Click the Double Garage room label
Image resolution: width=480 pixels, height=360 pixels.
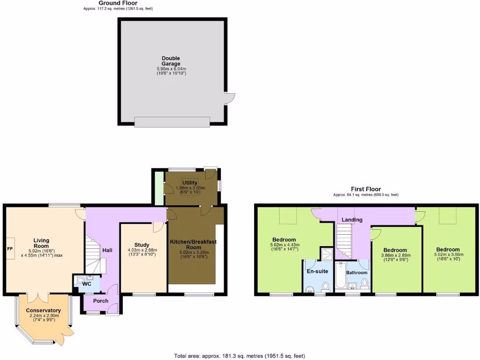(171, 61)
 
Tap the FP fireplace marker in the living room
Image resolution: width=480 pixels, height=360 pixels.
(10, 248)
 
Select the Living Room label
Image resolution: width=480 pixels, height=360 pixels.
(41, 243)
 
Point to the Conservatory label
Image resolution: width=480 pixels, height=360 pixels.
(43, 310)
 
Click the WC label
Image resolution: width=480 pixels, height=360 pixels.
(87, 284)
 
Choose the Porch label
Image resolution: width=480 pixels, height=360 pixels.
(100, 301)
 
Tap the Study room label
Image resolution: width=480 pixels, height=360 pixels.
(142, 245)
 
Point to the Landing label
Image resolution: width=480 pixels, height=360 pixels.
(352, 219)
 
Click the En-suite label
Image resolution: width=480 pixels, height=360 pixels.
(317, 271)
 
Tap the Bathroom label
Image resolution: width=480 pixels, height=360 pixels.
(357, 272)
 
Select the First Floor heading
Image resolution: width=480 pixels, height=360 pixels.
(366, 189)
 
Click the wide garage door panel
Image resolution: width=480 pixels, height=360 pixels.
(172, 122)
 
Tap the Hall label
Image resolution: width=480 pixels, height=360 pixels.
(107, 250)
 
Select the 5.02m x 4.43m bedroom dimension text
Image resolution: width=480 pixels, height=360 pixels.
(285, 245)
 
